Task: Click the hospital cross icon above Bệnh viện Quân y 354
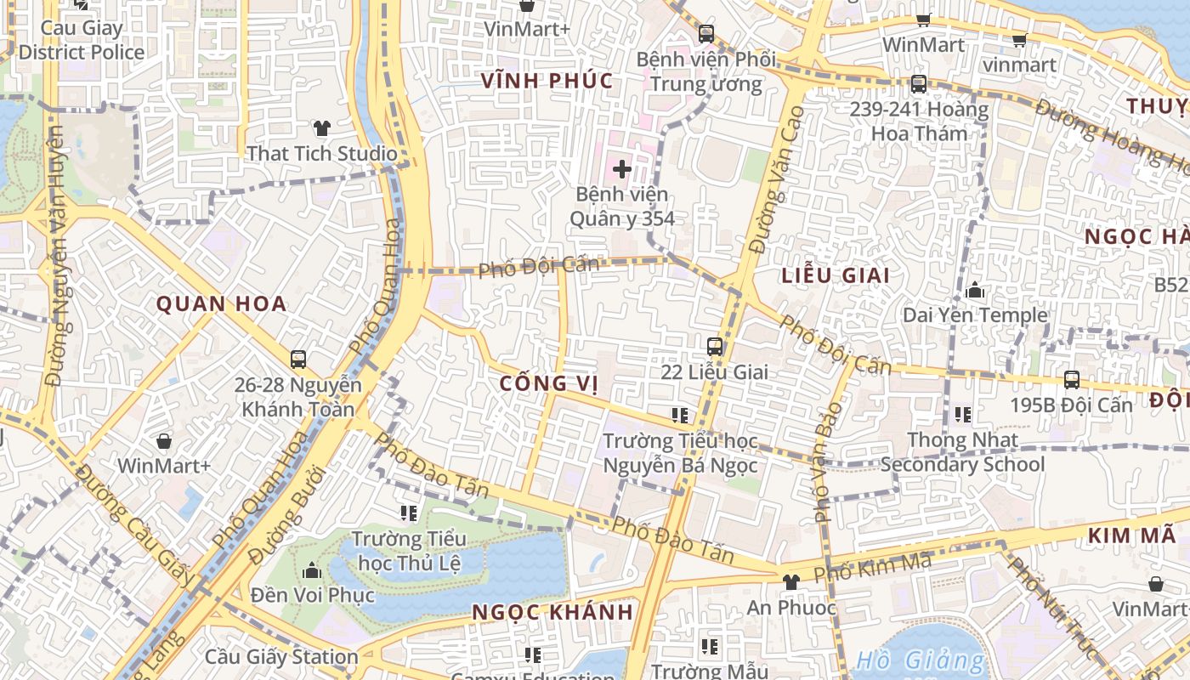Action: (x=622, y=168)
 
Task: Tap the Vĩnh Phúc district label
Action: (x=547, y=81)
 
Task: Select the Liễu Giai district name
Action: (x=836, y=275)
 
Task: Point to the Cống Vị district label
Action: (x=549, y=383)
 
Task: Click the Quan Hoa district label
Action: (x=221, y=304)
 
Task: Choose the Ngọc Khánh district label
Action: (x=552, y=612)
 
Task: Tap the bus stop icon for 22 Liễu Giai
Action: (x=715, y=346)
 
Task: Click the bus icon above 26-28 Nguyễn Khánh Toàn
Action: (x=298, y=359)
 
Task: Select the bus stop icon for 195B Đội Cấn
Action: (x=1071, y=379)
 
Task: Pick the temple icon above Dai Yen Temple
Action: (x=975, y=291)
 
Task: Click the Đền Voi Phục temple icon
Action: (x=312, y=570)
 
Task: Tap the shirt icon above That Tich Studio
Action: (x=321, y=128)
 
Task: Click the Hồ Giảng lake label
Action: (x=920, y=660)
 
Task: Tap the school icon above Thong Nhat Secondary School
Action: (x=962, y=415)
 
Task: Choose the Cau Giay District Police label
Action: (x=82, y=40)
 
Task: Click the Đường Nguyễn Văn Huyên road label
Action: (x=57, y=255)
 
